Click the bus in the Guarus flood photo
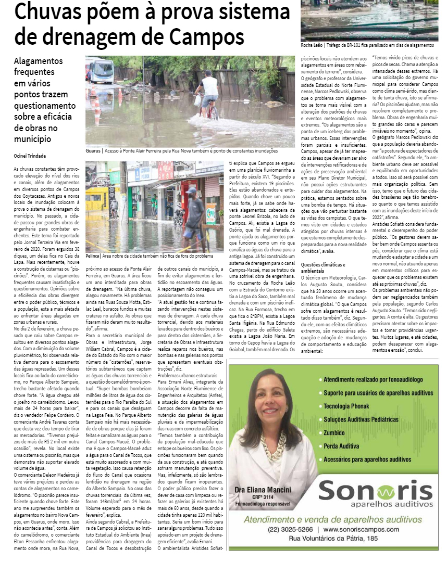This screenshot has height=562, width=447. pos(102,71)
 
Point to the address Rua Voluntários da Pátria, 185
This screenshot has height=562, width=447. pos(333,539)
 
